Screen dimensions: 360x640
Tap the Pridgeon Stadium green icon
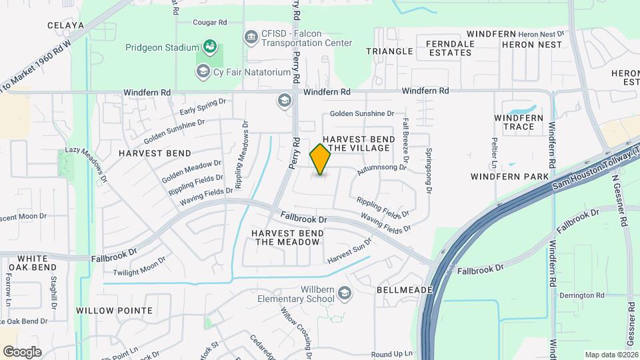pyautogui.click(x=210, y=47)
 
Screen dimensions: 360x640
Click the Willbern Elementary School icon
pyautogui.click(x=344, y=292)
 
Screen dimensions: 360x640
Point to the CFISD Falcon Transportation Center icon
pyautogui.click(x=251, y=36)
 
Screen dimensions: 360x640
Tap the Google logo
pyautogui.click(x=22, y=352)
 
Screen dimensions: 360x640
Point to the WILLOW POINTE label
pyautogui.click(x=114, y=311)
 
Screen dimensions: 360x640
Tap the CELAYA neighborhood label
pyautogui.click(x=65, y=25)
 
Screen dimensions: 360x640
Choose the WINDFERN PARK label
pyautogui.click(x=509, y=177)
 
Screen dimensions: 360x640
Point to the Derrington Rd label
pyautogui.click(x=581, y=295)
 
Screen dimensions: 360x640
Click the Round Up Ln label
pyautogui.click(x=392, y=354)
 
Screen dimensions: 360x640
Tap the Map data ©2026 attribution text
pyautogui.click(x=611, y=355)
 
